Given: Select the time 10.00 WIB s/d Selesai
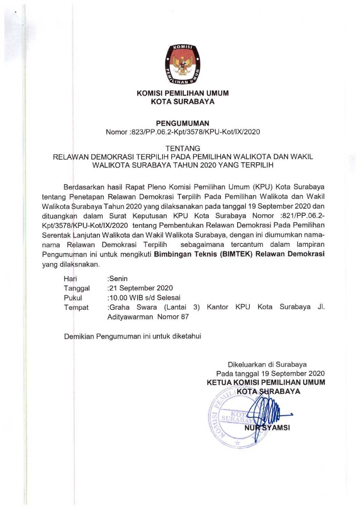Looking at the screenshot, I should [144, 298].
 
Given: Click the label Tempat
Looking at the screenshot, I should [76, 308].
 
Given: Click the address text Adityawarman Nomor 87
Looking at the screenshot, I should [148, 317].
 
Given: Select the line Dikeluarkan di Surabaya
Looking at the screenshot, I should [267, 365].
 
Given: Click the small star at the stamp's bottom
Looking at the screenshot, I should [237, 443].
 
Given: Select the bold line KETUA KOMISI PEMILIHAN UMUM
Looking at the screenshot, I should [266, 382].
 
